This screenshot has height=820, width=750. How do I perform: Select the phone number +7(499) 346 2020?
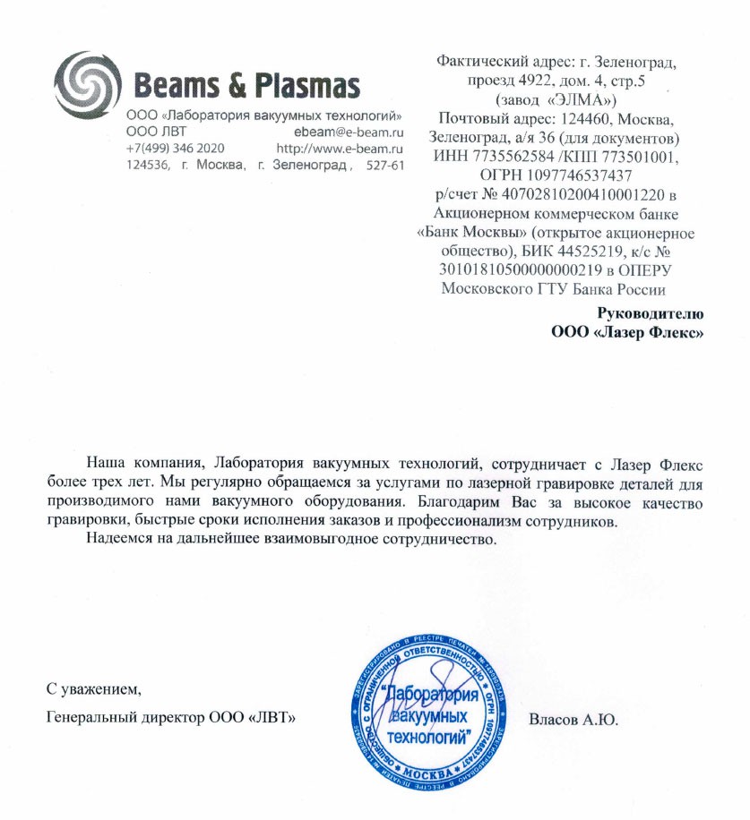point(175,148)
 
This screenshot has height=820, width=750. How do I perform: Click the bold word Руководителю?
point(651,313)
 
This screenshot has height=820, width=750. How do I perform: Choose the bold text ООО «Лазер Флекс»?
point(626,333)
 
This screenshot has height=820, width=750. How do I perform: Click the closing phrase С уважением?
point(93,689)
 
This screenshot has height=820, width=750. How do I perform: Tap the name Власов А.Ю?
point(573,719)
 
